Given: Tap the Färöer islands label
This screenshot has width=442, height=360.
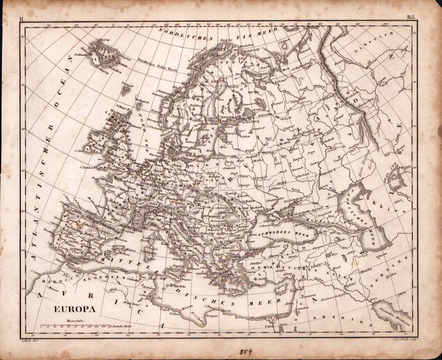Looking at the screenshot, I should click(x=126, y=83).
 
